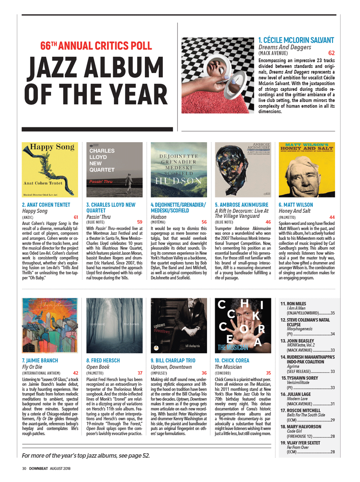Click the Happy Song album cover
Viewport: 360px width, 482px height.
pos(50,169)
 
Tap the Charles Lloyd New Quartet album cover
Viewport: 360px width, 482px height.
pos(114,169)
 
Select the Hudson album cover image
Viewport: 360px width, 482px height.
pos(179,169)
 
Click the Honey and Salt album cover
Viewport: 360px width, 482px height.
pos(307,169)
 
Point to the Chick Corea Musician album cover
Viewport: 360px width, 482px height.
pos(243,325)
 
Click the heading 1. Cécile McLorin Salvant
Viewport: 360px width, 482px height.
pos(296,40)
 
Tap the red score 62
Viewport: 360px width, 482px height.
pos(331,53)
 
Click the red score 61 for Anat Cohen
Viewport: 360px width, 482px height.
pos(76,217)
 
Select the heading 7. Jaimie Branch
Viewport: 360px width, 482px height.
pos(40,360)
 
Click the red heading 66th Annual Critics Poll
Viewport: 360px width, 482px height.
pos(96,46)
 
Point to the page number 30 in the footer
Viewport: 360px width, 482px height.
pos(24,468)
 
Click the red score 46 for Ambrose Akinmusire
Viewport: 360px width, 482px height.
pos(268,222)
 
